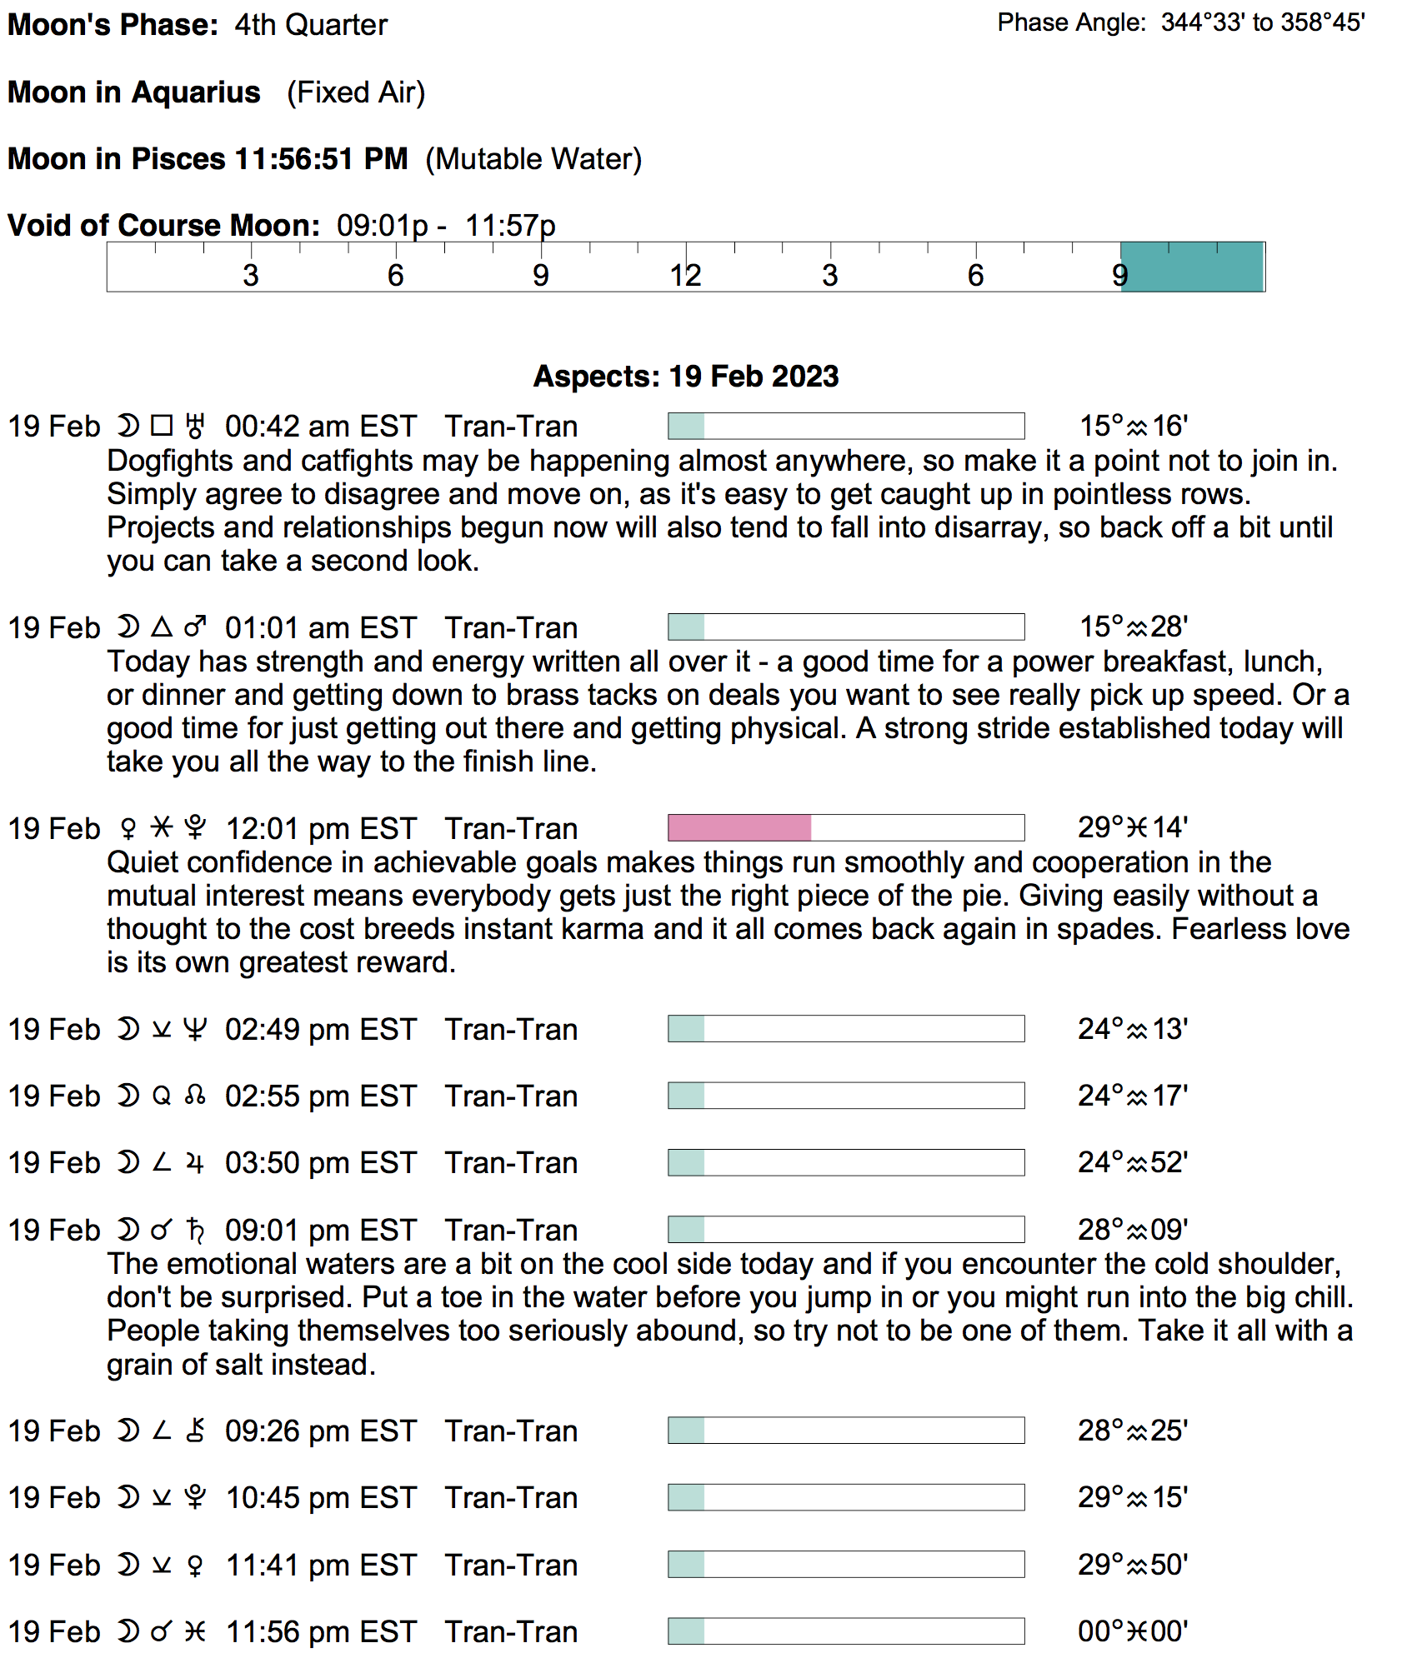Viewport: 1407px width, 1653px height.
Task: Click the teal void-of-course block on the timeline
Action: click(x=1192, y=267)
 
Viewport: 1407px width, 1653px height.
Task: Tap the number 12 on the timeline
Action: click(x=685, y=276)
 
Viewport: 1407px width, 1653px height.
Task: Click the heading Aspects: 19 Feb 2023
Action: click(x=685, y=377)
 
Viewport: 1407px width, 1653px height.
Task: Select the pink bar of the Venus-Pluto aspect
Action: click(x=739, y=828)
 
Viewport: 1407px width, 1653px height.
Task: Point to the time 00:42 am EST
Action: click(x=320, y=427)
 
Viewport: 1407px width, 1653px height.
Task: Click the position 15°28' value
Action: click(x=1133, y=627)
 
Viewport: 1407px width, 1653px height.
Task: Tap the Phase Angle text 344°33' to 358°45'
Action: click(x=1262, y=22)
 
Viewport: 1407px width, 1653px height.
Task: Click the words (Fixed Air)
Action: click(x=356, y=92)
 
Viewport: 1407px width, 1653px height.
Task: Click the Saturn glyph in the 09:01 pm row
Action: click(x=195, y=1230)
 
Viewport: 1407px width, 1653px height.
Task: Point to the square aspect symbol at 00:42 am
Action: click(x=162, y=427)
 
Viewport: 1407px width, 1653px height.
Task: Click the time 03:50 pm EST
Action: click(x=320, y=1163)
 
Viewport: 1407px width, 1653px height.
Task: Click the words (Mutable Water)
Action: click(x=533, y=159)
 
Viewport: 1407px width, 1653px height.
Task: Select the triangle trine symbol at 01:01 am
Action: click(x=162, y=627)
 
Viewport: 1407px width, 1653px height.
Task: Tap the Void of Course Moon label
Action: click(x=163, y=226)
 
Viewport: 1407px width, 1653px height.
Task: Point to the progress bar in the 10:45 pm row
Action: click(x=845, y=1498)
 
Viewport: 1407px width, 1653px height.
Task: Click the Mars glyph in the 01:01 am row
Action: click(x=195, y=627)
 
